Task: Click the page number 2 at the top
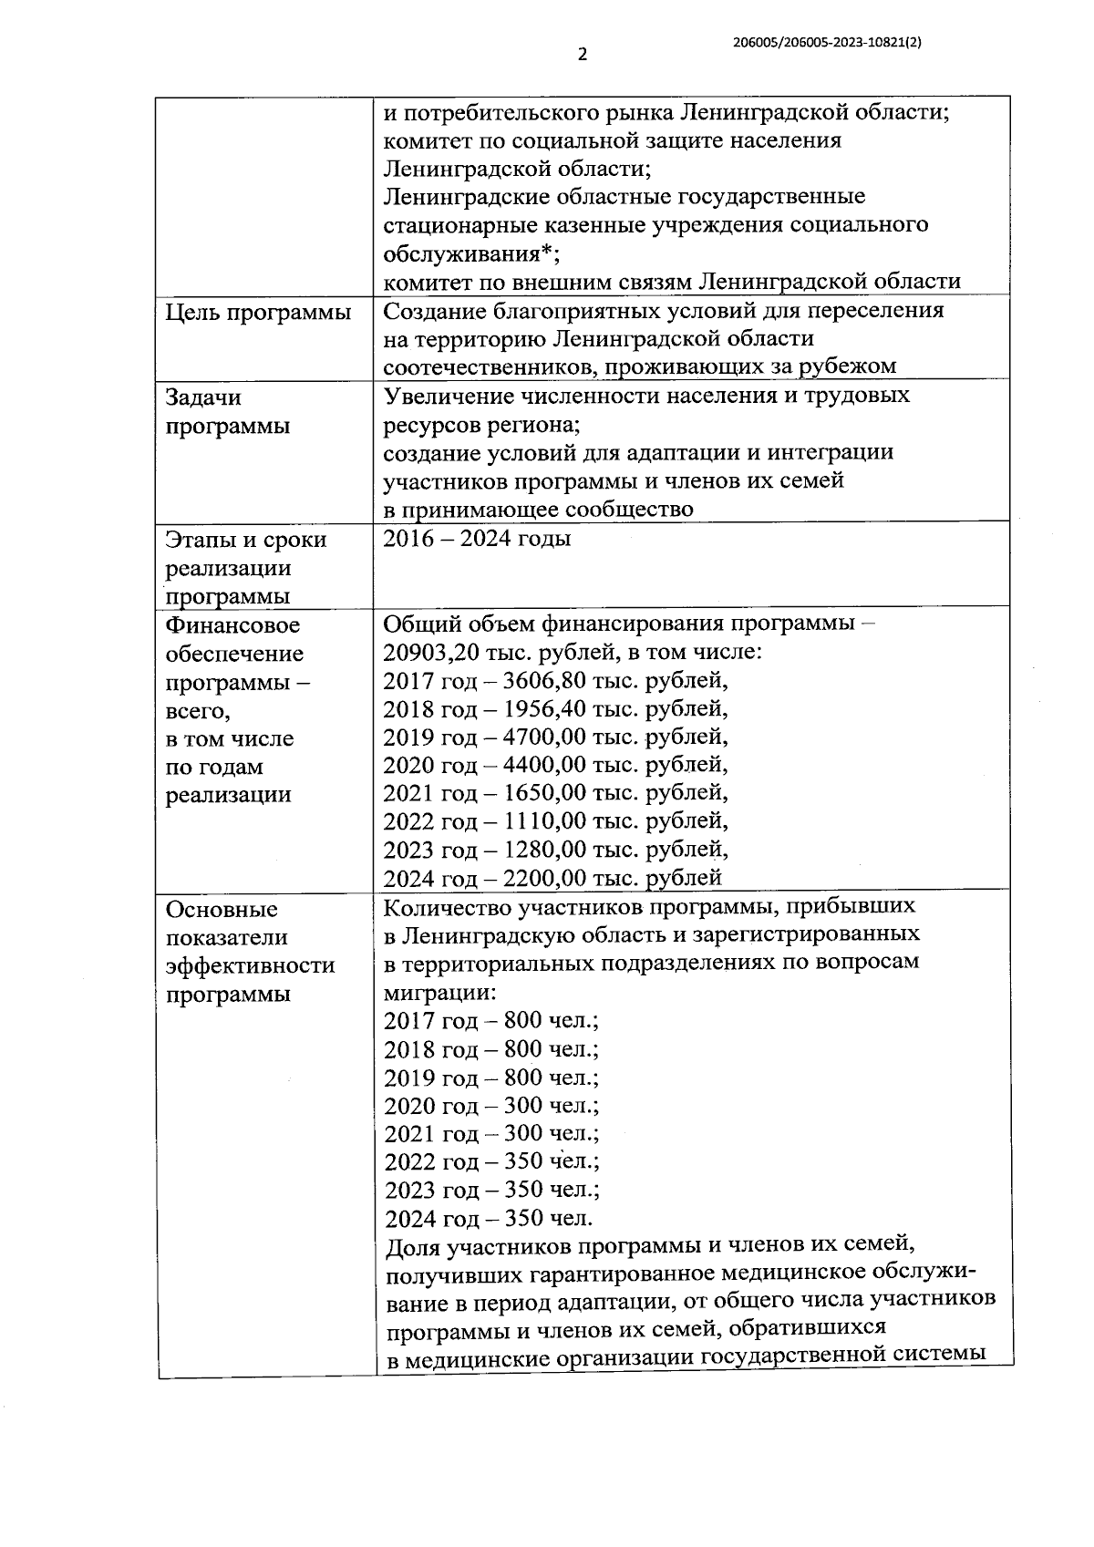(583, 54)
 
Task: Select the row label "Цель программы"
(258, 313)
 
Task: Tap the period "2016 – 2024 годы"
(477, 539)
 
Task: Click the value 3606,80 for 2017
(543, 681)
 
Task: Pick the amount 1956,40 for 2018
(543, 709)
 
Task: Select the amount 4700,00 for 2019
(544, 737)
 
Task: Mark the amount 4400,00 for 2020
(544, 765)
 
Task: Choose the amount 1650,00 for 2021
(544, 793)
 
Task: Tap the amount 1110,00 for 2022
(544, 821)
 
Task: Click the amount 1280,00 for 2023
(544, 850)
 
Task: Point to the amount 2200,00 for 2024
(544, 878)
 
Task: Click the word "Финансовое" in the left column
(232, 626)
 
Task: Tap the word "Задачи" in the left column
(203, 397)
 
